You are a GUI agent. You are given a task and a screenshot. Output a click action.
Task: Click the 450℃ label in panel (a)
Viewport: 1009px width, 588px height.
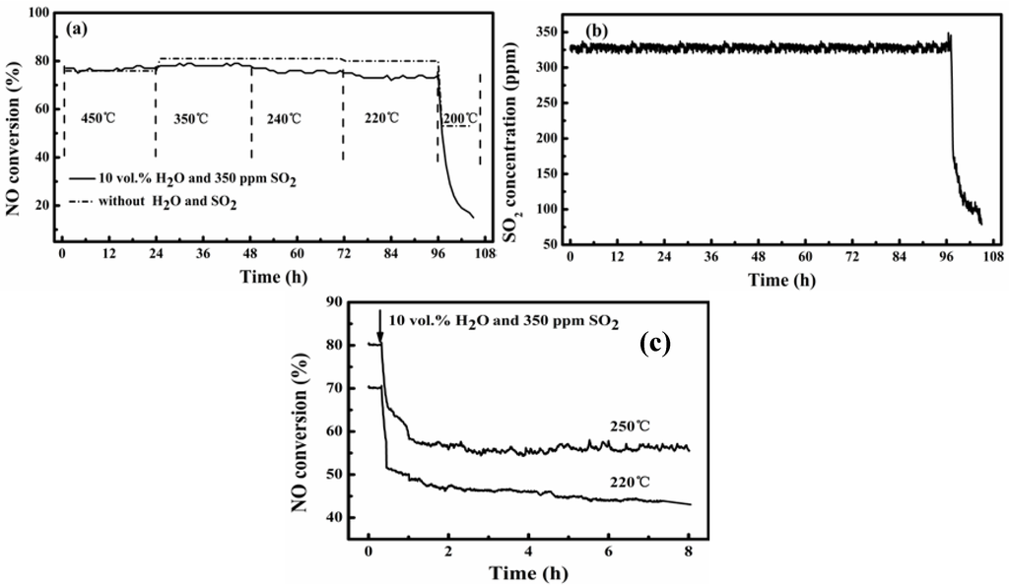pos(93,118)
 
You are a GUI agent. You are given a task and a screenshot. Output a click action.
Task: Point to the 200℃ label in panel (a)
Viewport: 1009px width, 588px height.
pos(459,118)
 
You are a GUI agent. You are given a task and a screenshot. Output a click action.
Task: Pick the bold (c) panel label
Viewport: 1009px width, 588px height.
pos(655,343)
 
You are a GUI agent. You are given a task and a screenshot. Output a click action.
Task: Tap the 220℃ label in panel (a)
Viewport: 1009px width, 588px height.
pos(379,118)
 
